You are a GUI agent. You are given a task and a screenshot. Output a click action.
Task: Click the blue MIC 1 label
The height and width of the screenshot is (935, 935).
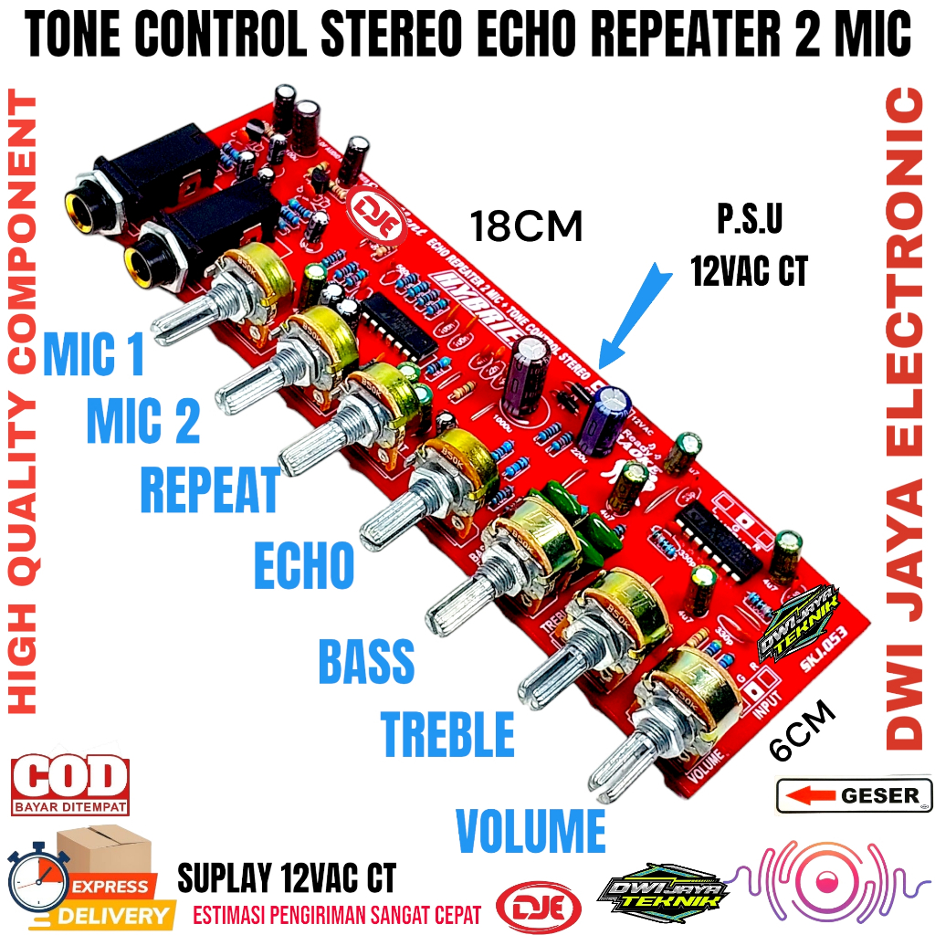[x=94, y=355]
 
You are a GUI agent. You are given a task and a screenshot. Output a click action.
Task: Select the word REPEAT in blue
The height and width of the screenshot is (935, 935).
[x=209, y=491]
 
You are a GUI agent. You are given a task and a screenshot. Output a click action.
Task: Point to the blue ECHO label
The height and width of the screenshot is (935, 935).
[x=303, y=565]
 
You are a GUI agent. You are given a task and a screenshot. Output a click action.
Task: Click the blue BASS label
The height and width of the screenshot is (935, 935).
[x=366, y=661]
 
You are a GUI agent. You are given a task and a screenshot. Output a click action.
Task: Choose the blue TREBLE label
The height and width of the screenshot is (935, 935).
[x=447, y=733]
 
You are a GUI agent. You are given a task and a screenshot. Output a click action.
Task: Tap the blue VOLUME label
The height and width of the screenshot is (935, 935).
[x=531, y=830]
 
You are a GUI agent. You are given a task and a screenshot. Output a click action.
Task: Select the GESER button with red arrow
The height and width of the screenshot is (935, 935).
[x=854, y=795]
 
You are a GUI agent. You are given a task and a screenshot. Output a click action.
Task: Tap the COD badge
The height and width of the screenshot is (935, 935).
[x=69, y=783]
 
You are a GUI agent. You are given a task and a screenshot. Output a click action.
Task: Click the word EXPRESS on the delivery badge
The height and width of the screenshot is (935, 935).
[x=110, y=886]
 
